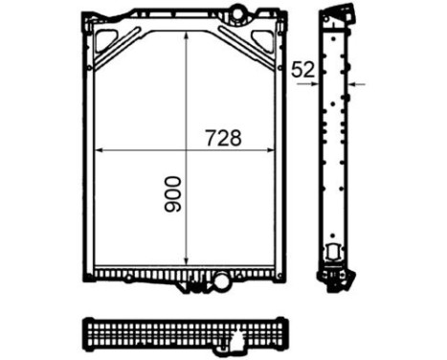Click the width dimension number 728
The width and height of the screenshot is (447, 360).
(222, 138)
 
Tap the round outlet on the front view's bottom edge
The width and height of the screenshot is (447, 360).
(222, 281)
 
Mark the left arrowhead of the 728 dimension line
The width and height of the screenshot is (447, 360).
(99, 149)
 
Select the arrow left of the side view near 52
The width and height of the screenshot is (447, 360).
(316, 83)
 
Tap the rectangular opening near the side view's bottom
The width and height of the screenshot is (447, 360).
(333, 251)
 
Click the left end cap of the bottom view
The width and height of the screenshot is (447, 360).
(87, 331)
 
